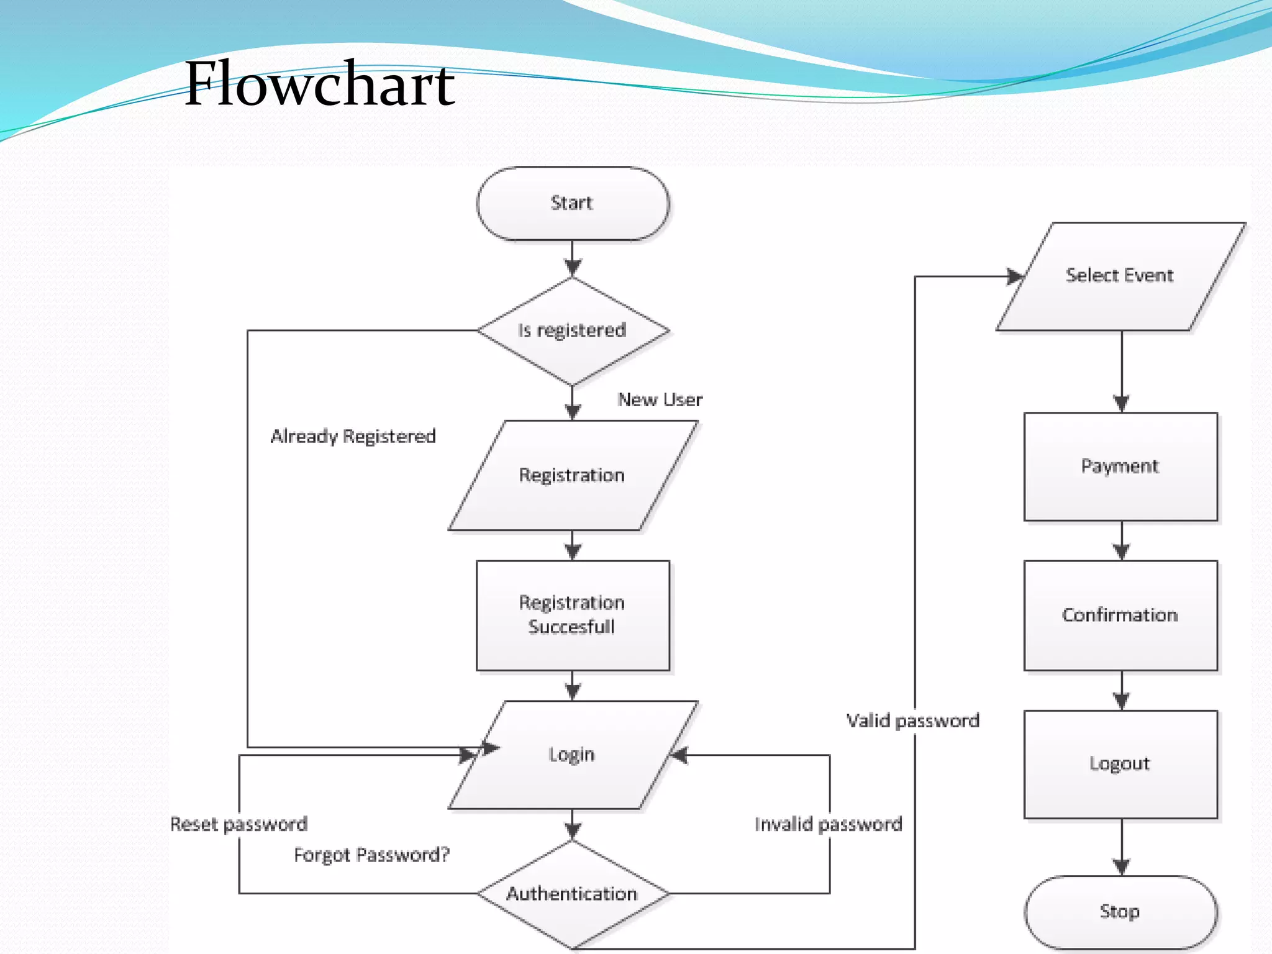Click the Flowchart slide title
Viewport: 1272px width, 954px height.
click(319, 84)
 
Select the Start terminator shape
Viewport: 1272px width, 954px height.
click(572, 203)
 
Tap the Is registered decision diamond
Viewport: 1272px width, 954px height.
click(572, 330)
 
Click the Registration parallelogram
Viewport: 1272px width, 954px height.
click(572, 475)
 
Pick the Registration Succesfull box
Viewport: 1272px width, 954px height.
click(572, 615)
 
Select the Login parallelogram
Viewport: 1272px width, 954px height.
click(572, 755)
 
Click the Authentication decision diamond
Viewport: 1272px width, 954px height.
click(572, 894)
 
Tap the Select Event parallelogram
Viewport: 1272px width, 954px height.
click(1120, 275)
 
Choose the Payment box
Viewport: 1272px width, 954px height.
click(1120, 466)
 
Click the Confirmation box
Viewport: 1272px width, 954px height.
click(1120, 615)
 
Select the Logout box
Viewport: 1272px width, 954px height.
click(1120, 763)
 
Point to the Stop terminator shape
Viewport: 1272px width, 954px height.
click(1120, 912)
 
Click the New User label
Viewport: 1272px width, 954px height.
click(660, 399)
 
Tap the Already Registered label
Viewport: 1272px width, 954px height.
click(353, 436)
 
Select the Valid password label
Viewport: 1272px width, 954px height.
click(912, 720)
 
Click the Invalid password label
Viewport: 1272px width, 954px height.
click(828, 824)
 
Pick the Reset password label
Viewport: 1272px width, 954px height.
click(239, 824)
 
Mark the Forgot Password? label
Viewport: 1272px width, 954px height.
click(371, 855)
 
